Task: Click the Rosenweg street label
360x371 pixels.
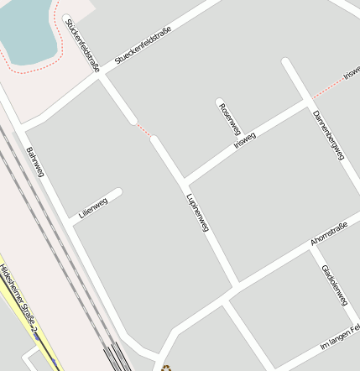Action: [228, 119]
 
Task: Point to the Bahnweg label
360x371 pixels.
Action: [35, 162]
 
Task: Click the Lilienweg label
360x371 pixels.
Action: [92, 206]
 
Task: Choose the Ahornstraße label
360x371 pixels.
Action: [328, 233]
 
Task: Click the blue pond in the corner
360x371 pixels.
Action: [29, 29]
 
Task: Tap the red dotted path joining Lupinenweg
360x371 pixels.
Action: [143, 129]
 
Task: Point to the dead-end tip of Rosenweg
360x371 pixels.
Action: [220, 102]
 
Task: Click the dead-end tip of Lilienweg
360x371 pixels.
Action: [117, 193]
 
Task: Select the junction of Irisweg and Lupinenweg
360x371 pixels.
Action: [183, 180]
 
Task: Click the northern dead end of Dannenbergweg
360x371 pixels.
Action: [286, 62]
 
